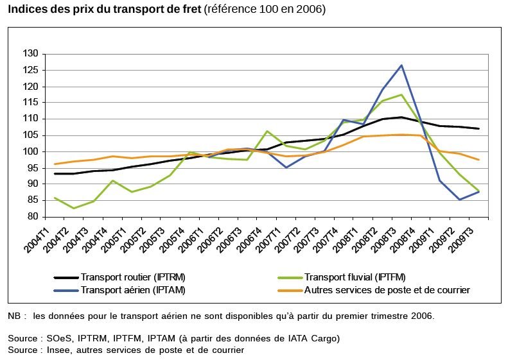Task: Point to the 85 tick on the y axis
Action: [x=32, y=200]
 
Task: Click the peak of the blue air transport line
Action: [x=402, y=65]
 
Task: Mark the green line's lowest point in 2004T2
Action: [x=73, y=208]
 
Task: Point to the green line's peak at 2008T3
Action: [x=402, y=95]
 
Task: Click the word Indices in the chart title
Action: [x=26, y=10]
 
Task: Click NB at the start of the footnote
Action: [x=14, y=316]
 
